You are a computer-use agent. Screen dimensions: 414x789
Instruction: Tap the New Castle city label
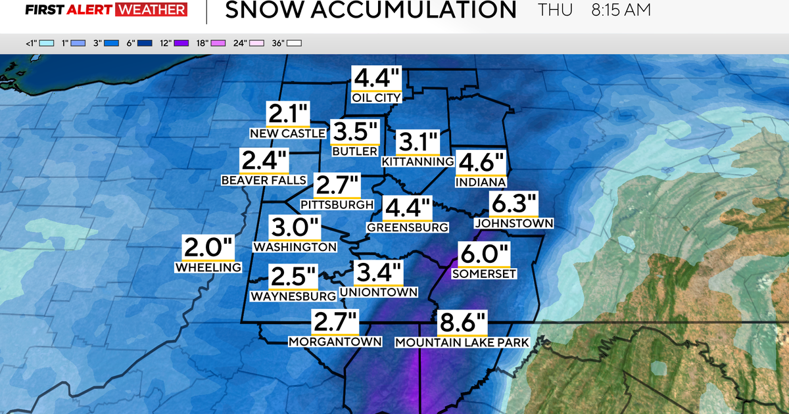(287, 133)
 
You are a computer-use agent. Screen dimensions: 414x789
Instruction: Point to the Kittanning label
(418, 161)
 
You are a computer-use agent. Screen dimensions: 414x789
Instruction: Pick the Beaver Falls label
(264, 180)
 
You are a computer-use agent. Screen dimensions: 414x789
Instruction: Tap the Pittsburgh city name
(337, 205)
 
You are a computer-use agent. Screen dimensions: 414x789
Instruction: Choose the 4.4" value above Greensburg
(407, 208)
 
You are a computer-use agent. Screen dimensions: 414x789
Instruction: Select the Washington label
(295, 247)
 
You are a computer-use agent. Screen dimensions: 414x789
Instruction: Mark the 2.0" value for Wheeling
(208, 248)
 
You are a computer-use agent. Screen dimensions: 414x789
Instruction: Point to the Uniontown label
(379, 292)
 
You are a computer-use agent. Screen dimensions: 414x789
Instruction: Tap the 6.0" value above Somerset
(485, 254)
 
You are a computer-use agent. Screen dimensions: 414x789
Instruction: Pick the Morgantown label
(335, 341)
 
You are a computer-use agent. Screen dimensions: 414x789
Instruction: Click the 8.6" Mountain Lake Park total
(463, 324)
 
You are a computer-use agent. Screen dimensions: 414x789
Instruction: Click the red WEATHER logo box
(151, 10)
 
